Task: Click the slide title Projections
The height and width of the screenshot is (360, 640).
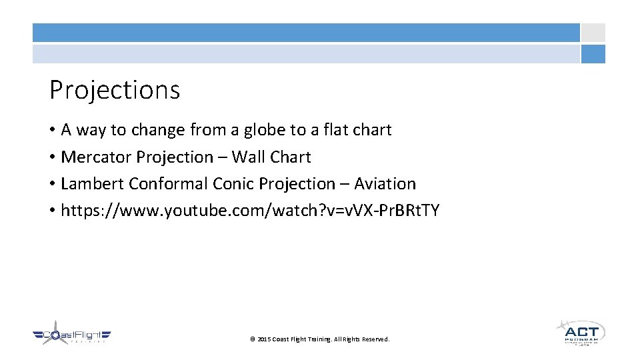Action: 115,90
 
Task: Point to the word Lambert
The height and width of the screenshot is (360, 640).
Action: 93,183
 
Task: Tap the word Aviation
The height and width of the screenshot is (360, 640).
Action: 385,183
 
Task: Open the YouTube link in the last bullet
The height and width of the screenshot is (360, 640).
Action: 250,211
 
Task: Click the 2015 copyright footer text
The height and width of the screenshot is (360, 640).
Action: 319,339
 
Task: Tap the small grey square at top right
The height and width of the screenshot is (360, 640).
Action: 593,33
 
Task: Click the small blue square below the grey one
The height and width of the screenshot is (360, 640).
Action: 593,54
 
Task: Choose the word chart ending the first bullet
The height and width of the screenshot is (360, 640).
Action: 373,129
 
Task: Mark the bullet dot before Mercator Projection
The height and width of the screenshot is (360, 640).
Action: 52,157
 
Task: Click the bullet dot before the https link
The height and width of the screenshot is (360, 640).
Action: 52,211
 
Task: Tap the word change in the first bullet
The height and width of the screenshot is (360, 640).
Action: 161,129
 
